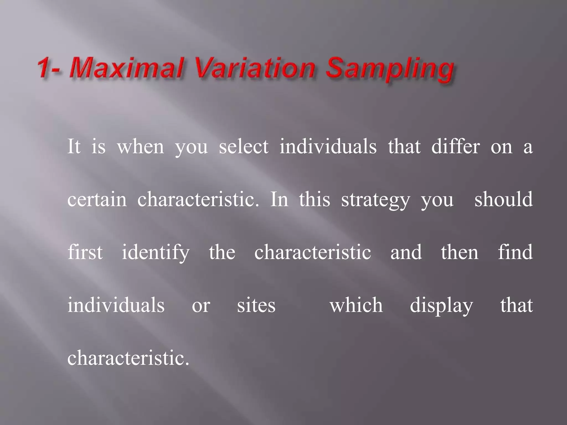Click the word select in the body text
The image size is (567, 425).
244,146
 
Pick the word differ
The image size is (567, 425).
455,146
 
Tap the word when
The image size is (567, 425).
140,146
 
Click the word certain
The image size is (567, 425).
97,199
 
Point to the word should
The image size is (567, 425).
504,199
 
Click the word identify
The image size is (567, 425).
156,253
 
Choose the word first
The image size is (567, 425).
85,252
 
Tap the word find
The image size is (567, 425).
515,252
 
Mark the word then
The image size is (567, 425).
460,252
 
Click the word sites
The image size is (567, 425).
256,305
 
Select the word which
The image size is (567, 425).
356,305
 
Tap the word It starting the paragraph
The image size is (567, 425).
74,146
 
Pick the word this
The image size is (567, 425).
315,199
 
